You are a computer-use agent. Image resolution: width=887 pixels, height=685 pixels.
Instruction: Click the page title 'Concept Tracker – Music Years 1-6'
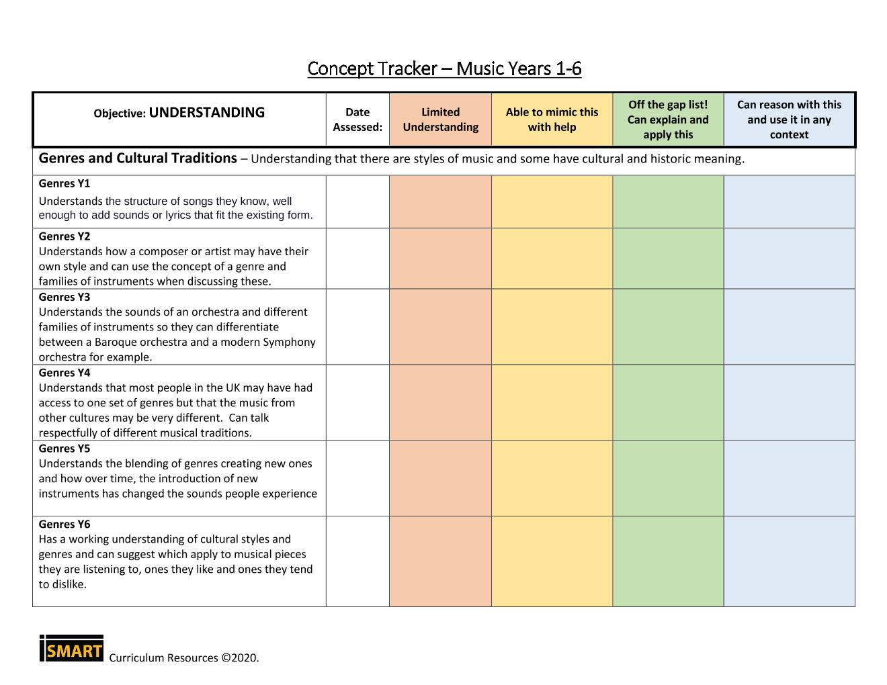444,68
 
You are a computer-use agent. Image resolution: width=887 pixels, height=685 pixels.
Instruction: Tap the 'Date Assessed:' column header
357,120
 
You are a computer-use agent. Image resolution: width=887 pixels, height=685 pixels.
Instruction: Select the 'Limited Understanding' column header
440,120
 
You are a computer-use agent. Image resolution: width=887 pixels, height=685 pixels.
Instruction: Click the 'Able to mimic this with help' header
552,120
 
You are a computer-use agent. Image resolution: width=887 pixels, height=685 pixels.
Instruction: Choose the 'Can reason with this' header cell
789,120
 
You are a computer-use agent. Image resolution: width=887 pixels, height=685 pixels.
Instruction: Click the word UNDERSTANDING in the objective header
207,113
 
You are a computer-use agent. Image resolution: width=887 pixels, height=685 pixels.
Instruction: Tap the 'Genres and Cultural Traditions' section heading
138,158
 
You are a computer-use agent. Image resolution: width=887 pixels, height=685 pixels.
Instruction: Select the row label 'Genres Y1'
65,183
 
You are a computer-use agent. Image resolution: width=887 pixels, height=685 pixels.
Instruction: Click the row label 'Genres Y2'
65,236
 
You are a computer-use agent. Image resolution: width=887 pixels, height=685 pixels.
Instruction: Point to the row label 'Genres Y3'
65,297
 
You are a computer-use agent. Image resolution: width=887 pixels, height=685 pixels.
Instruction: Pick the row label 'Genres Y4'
65,373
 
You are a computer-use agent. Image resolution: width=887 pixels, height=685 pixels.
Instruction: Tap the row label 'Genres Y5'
65,449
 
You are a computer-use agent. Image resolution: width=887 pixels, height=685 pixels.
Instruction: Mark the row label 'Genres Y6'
65,524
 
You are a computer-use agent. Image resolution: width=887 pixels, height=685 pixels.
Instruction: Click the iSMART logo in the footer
71,649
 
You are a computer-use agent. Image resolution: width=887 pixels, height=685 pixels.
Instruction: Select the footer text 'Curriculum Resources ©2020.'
183,658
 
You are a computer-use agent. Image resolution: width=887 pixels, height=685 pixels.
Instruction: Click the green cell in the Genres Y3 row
668,327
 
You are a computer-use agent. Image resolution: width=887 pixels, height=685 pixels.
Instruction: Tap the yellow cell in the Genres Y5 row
552,478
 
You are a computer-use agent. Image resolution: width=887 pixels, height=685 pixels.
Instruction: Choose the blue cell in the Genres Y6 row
789,561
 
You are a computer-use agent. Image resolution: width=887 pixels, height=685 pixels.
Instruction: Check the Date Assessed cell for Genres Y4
357,403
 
